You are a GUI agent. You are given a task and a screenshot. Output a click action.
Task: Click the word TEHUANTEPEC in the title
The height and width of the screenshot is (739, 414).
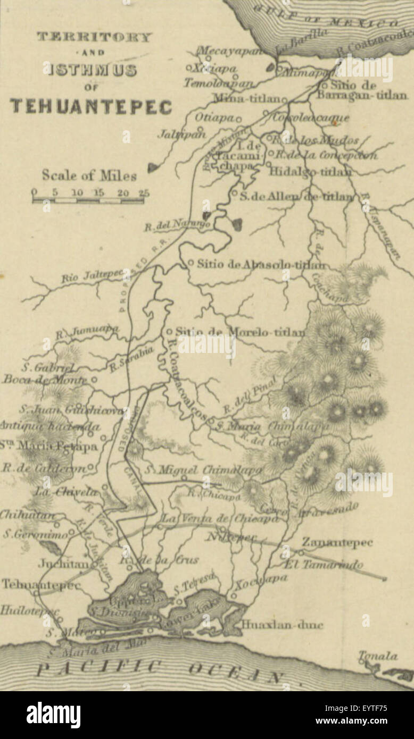(x=91, y=106)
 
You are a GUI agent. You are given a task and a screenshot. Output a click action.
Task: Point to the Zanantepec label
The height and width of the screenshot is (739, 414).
(x=337, y=543)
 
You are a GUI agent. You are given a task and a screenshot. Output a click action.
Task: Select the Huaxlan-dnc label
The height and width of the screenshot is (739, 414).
(x=282, y=625)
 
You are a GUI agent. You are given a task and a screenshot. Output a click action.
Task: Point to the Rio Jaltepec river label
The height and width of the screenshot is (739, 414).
(x=92, y=275)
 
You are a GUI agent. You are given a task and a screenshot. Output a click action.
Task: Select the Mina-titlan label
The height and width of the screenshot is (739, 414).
(x=247, y=98)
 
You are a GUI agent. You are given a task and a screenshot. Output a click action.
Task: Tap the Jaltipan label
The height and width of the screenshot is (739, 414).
(x=181, y=134)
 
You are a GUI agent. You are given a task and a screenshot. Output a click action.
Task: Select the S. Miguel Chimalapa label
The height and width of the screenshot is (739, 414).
(x=203, y=470)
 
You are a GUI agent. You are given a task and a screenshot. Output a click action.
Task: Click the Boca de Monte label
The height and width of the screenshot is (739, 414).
(x=45, y=380)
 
